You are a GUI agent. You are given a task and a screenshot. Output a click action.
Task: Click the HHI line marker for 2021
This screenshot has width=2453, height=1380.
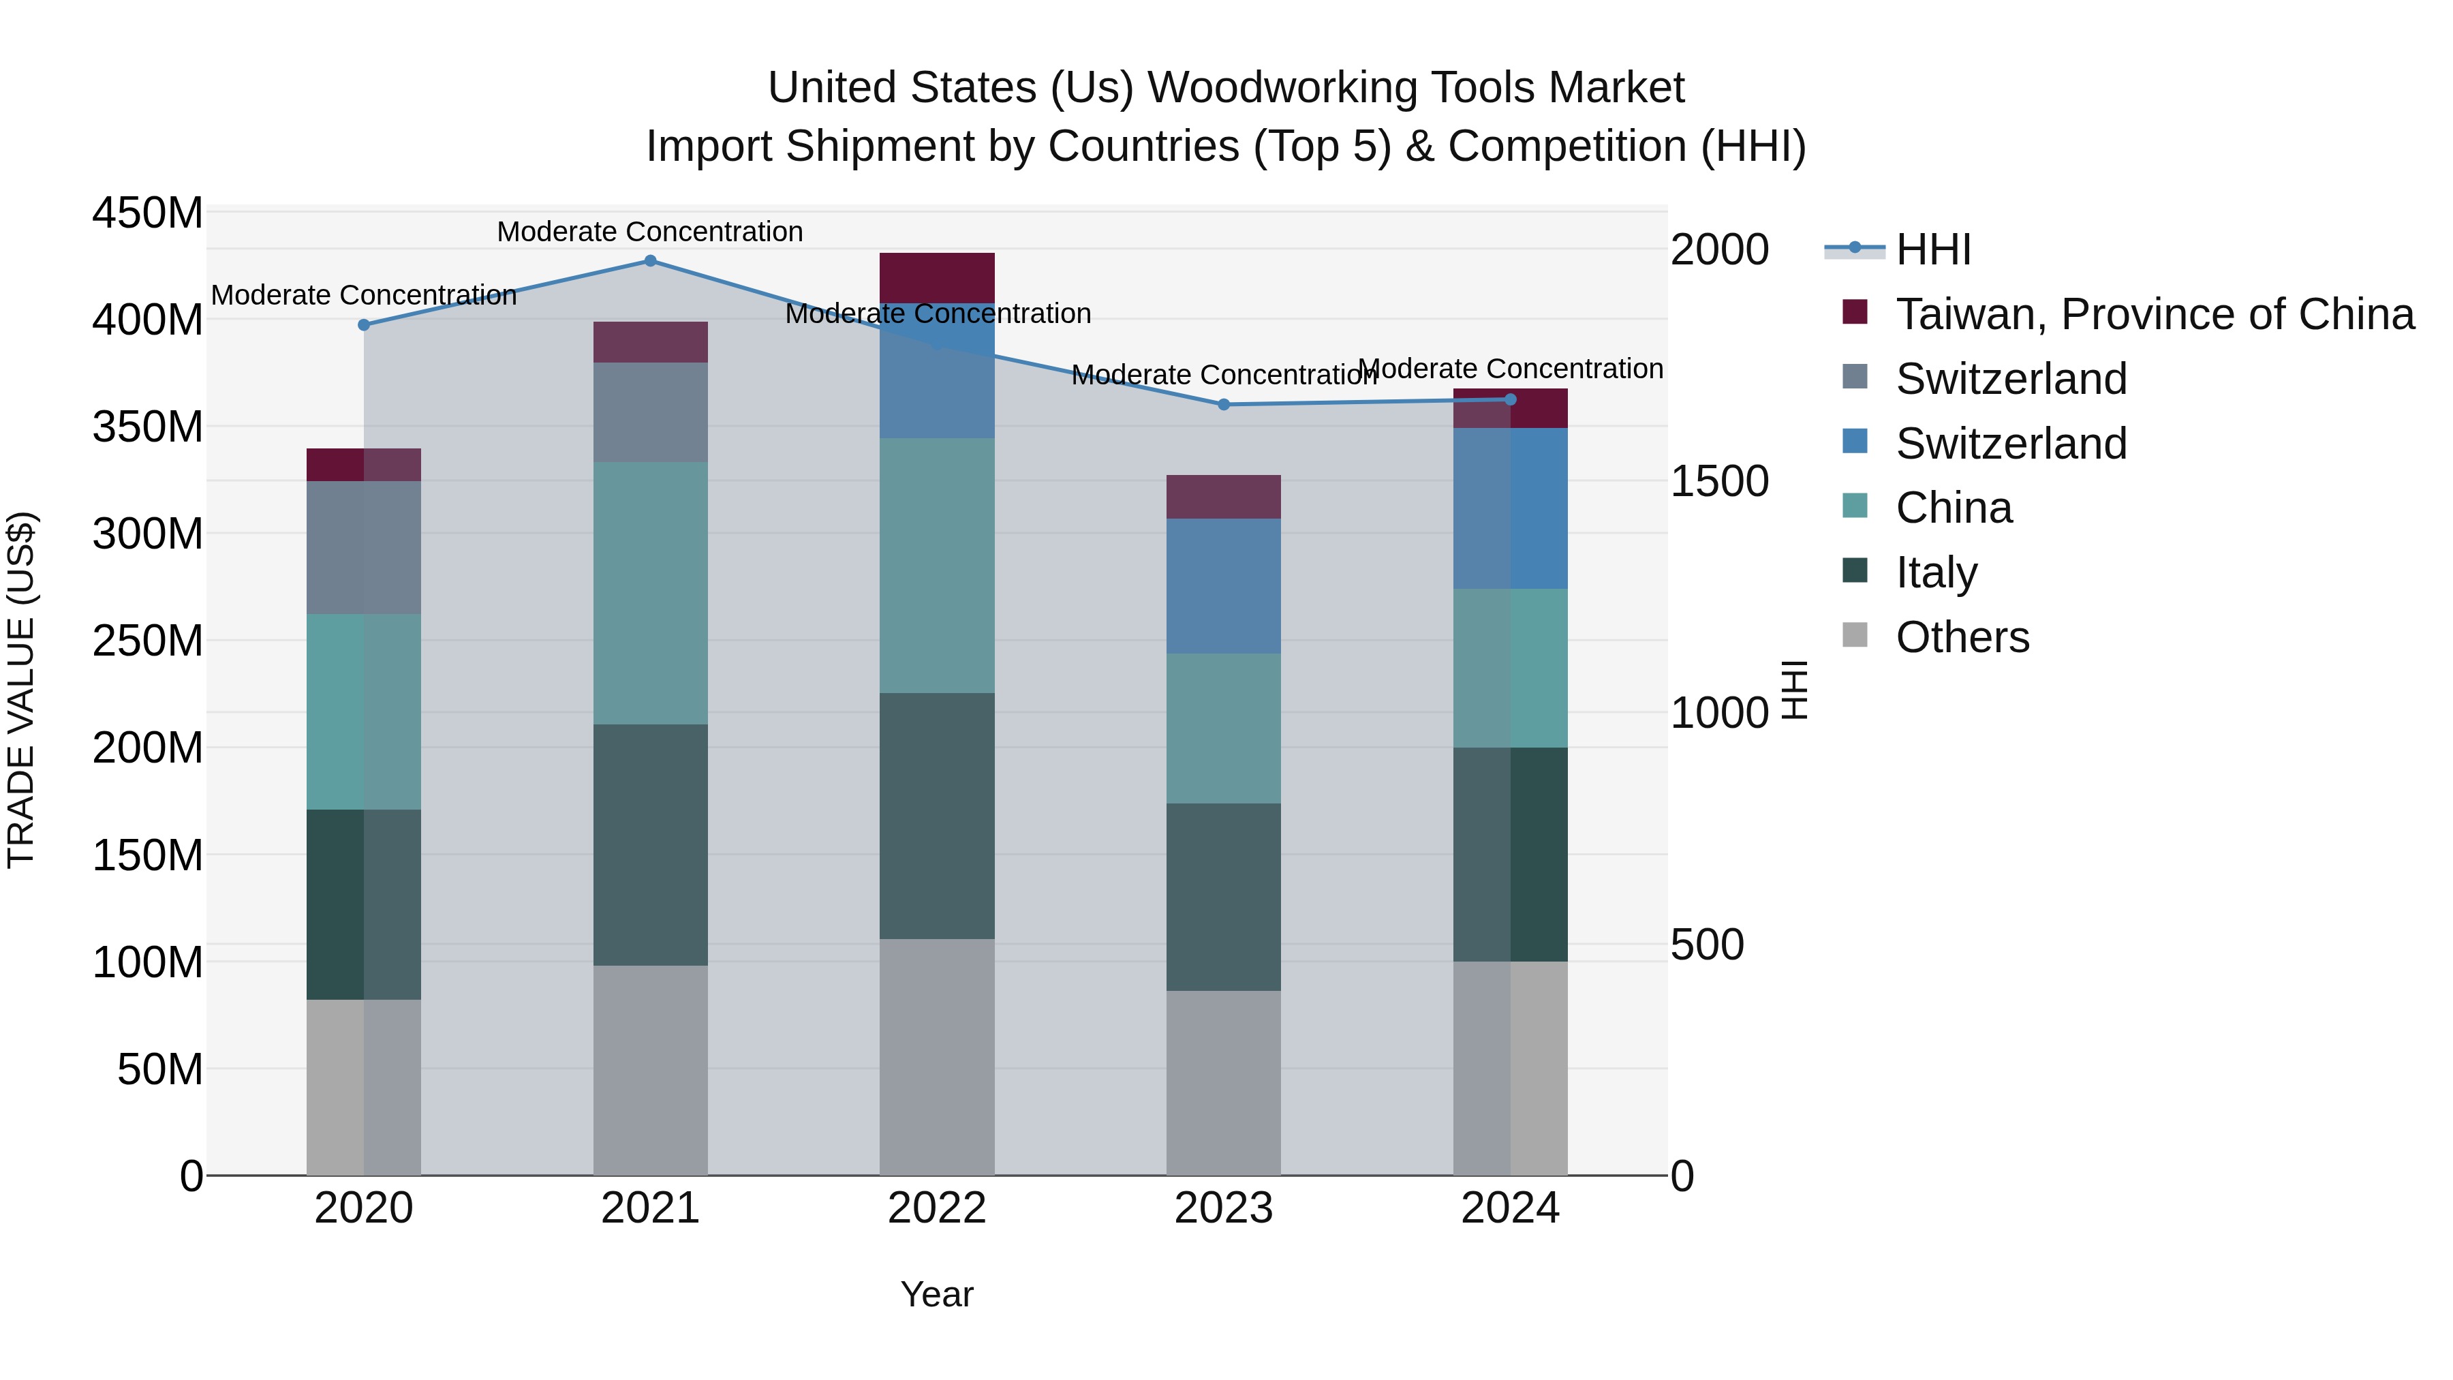[651, 261]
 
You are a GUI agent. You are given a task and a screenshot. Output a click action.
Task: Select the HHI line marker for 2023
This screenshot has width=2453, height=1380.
[1224, 405]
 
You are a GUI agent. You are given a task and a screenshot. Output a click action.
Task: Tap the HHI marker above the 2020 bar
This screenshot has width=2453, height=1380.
[364, 325]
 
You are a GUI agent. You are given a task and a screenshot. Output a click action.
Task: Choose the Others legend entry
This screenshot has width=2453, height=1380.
[1962, 637]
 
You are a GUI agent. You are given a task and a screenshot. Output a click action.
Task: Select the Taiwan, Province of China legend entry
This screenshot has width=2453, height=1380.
[2154, 314]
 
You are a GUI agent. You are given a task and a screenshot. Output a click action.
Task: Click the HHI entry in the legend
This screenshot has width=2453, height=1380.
[1933, 249]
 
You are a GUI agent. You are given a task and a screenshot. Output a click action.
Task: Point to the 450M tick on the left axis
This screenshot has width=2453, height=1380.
[148, 213]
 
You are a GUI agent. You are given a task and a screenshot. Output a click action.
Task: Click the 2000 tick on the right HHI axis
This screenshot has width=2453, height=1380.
[1719, 249]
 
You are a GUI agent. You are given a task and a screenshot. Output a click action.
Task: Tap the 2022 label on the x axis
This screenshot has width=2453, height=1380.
[937, 1208]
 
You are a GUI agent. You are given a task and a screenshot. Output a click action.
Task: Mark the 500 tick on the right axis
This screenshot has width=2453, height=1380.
[1708, 945]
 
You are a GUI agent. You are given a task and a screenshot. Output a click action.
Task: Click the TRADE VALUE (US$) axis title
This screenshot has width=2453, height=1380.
[21, 690]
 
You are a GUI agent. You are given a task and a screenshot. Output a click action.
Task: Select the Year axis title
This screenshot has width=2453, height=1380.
[937, 1294]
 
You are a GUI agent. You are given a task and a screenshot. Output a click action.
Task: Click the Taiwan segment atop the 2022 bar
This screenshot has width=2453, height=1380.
[937, 277]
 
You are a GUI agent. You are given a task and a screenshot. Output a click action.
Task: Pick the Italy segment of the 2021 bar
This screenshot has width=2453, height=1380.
[651, 845]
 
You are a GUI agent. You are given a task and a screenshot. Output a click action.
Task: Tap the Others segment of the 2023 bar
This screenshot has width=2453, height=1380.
[1224, 1083]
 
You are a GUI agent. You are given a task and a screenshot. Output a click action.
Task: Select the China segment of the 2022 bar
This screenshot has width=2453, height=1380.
[937, 566]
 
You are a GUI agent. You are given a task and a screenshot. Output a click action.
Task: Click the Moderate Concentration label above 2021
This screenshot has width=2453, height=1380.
[651, 232]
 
